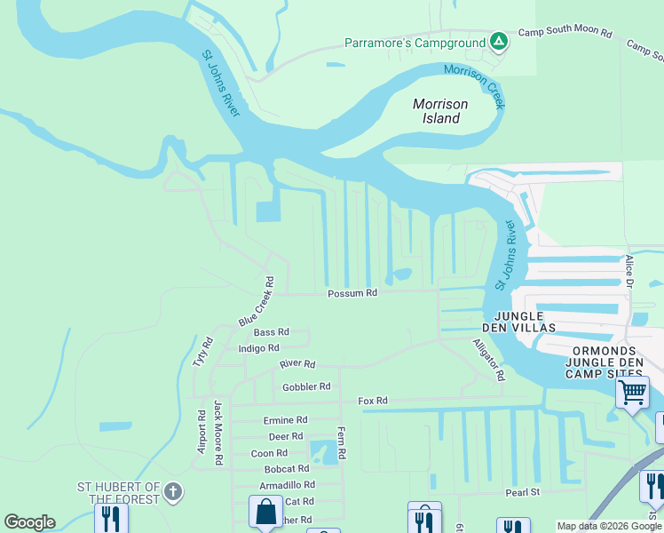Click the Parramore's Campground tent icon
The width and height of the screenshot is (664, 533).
pos(499,42)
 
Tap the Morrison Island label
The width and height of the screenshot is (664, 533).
pos(440,111)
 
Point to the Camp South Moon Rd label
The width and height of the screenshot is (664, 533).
pos(565,33)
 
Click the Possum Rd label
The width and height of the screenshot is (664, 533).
pos(352,293)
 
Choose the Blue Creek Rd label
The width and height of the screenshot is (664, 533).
pos(257,301)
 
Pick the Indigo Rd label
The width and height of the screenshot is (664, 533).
pos(258,348)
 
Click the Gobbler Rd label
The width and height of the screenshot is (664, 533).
pos(306,386)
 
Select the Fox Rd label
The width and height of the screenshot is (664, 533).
pos(373,402)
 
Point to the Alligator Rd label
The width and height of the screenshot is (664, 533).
pos(488,360)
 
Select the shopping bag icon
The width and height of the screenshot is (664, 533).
pos(265,512)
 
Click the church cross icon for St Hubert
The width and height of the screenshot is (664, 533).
pos(173,490)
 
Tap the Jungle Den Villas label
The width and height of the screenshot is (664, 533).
pos(524,322)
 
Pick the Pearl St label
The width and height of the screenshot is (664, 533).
pos(523,491)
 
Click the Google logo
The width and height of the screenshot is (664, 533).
pos(29,522)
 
